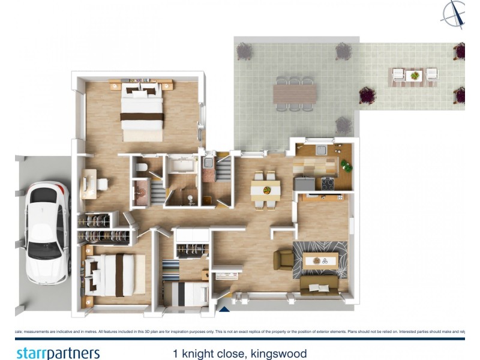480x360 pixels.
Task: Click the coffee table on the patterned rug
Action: point(319,260)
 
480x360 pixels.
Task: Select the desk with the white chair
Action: point(89,183)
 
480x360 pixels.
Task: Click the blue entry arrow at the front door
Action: point(224,310)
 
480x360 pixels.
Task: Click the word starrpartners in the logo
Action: point(58,353)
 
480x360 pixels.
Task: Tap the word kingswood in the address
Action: point(279,353)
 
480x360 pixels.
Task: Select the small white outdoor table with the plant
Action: point(413,76)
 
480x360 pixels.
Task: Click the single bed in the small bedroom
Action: point(186,293)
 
